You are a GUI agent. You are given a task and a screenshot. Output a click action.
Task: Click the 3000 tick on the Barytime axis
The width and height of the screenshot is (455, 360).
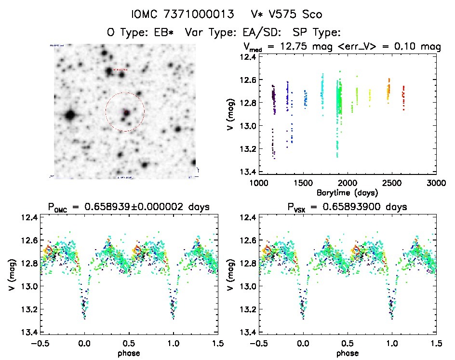click(x=436, y=184)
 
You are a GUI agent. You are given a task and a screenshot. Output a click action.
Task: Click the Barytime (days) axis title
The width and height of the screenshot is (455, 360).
click(x=347, y=192)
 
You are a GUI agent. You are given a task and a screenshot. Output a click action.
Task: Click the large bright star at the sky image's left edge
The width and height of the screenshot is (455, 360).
click(x=70, y=115)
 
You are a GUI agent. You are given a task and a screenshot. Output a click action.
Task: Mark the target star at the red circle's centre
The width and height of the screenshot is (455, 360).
click(x=126, y=112)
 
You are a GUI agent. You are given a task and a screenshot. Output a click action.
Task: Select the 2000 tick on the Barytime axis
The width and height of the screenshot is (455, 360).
click(x=347, y=184)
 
